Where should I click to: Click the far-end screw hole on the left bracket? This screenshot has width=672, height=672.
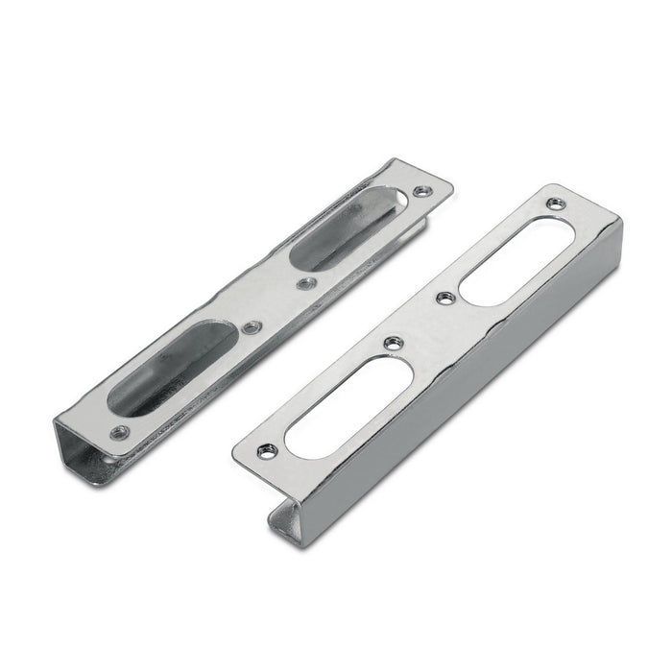pyautogui.click(x=419, y=193)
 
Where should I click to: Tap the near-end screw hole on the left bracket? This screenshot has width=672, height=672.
pyautogui.click(x=120, y=432)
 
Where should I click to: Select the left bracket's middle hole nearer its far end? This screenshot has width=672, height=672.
pyautogui.click(x=306, y=283)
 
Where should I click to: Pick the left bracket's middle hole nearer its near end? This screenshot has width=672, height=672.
pyautogui.click(x=252, y=327)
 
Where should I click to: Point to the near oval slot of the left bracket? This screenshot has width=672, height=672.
pyautogui.click(x=173, y=369)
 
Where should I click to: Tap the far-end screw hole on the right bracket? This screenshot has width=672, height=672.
pyautogui.click(x=556, y=204)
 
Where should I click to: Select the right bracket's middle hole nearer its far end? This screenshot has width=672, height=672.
pyautogui.click(x=444, y=299)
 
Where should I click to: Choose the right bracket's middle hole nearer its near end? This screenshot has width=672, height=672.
pyautogui.click(x=390, y=343)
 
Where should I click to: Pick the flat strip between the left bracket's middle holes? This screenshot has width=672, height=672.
pyautogui.click(x=279, y=305)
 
